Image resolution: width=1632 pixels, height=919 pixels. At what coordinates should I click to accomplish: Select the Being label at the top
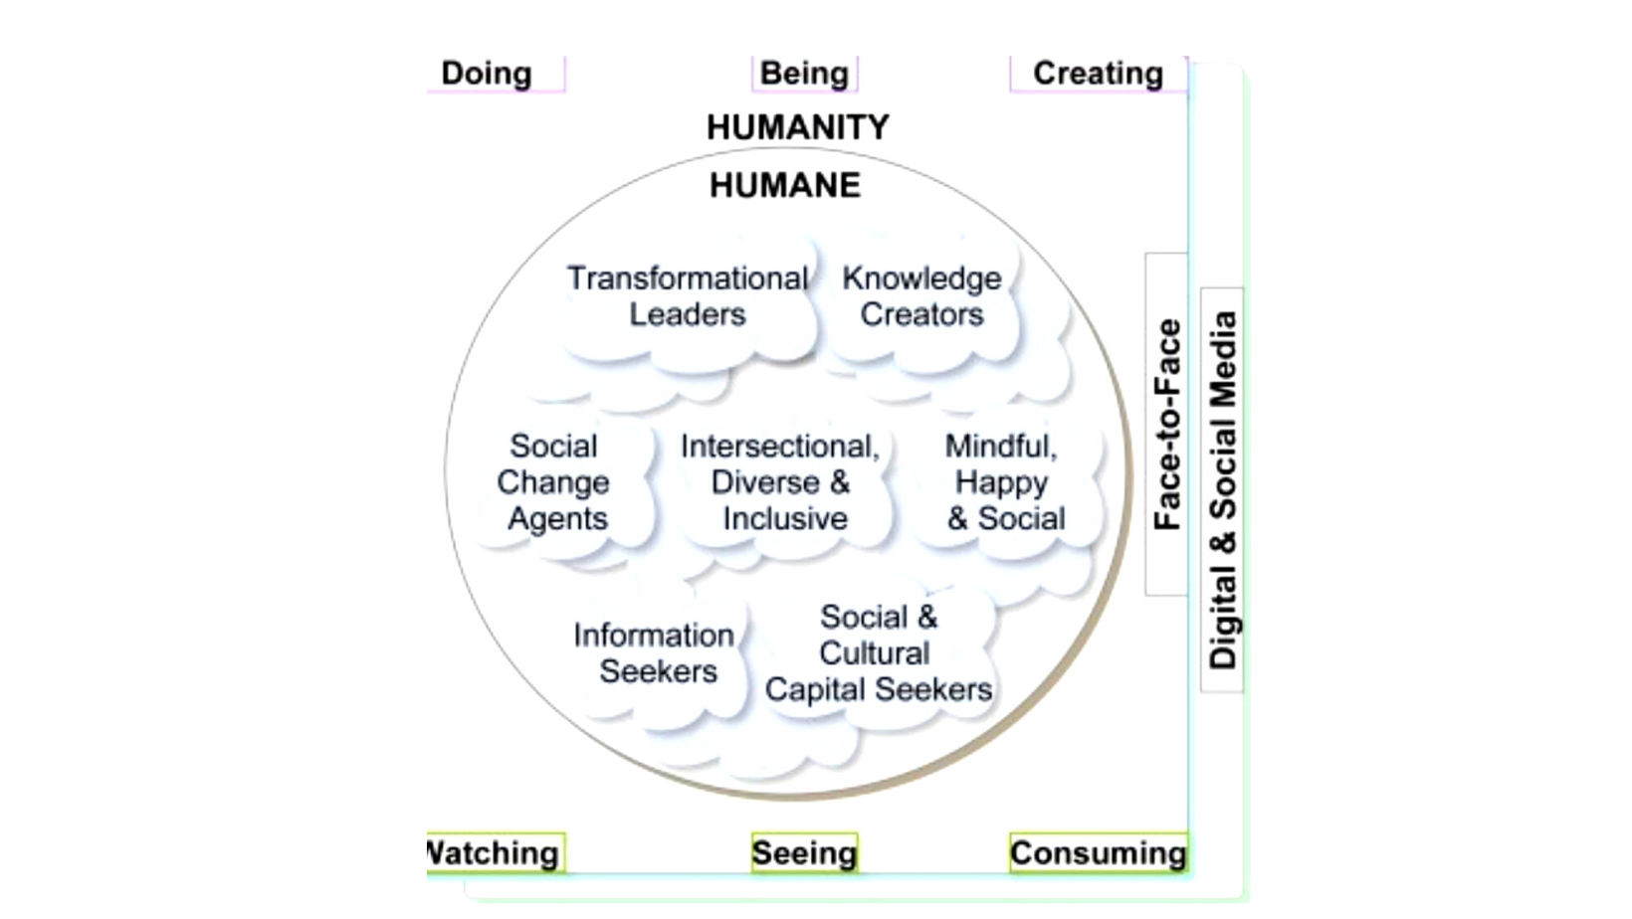[x=804, y=74]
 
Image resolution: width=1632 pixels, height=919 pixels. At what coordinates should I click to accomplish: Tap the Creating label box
[x=1098, y=74]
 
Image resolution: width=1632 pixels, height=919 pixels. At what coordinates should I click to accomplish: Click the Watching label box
[x=495, y=853]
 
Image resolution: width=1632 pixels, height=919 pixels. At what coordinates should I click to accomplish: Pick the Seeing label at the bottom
[x=804, y=853]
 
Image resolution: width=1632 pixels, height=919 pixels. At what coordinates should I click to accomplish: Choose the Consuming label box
[x=1098, y=853]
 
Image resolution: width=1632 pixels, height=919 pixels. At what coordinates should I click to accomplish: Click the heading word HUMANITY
[x=797, y=127]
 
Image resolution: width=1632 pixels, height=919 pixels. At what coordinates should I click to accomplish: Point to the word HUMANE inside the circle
[x=784, y=185]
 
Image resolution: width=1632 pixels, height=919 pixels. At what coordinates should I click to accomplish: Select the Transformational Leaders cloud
[x=688, y=296]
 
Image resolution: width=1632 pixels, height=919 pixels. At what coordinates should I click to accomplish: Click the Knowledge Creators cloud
[x=921, y=296]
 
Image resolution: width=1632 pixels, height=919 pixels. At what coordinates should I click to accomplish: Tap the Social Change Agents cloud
[x=554, y=482]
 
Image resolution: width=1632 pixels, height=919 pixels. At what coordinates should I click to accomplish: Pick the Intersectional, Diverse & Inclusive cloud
[x=781, y=482]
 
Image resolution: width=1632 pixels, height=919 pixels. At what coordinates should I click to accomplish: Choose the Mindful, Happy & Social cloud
[x=1004, y=482]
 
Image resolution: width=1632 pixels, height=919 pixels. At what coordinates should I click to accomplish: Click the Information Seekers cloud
[x=656, y=653]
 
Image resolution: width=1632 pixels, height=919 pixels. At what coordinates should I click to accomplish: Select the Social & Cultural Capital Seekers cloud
[x=878, y=653]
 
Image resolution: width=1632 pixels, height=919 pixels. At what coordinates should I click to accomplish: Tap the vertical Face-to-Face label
[x=1166, y=425]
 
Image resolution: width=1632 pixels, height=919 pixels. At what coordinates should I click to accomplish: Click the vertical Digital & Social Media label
[x=1223, y=490]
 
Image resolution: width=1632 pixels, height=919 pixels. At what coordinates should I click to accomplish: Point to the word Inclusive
[x=785, y=519]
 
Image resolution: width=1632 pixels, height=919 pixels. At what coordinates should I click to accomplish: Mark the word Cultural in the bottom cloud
[x=875, y=653]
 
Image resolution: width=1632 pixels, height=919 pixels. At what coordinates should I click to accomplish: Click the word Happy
[x=1001, y=483]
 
